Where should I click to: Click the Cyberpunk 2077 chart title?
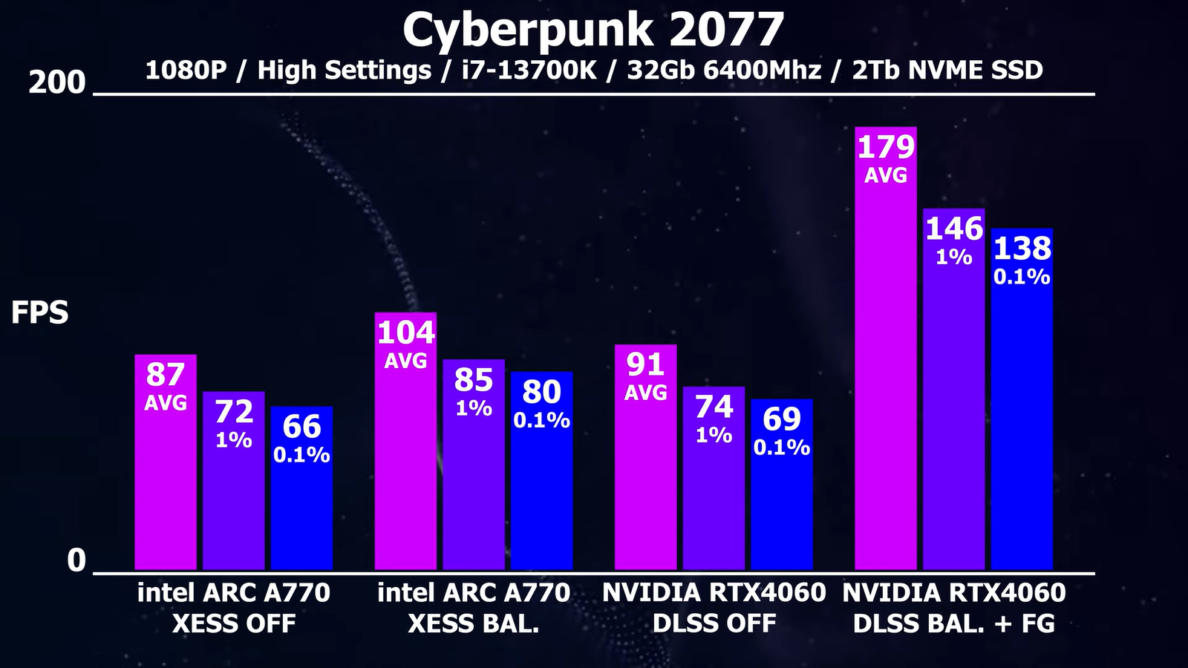593,30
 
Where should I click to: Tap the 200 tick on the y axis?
57,82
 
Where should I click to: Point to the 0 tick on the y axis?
76,560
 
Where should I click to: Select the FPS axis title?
39,313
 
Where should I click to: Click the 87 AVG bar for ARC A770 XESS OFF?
166,482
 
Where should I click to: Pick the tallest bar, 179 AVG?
886,371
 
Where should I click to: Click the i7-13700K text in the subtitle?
529,71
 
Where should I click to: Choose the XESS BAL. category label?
474,623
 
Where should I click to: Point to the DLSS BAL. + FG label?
954,623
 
